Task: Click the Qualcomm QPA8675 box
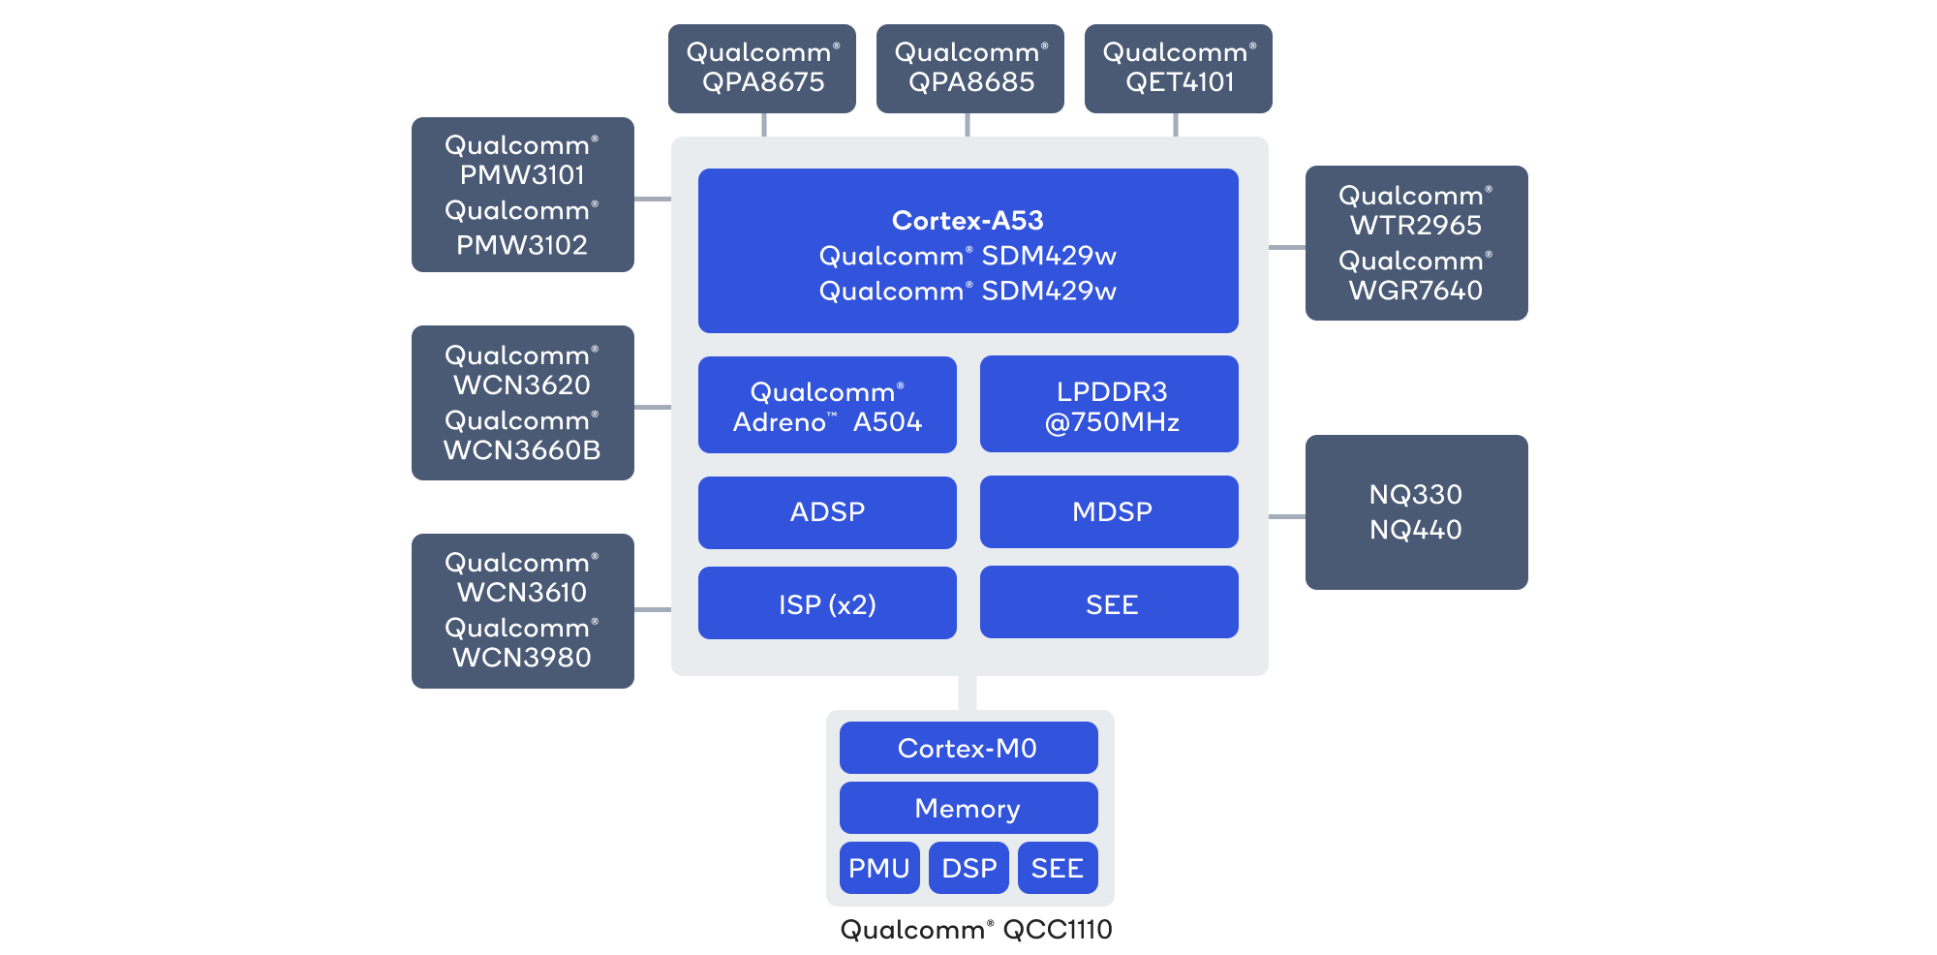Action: (762, 68)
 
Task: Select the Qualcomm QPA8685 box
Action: (969, 68)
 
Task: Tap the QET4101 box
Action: (1179, 68)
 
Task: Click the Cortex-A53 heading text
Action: (968, 221)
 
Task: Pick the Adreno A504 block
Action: (827, 405)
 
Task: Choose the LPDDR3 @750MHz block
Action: (1110, 405)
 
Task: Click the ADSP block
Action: (827, 512)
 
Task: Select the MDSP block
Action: (1110, 512)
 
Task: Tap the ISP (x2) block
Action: (827, 603)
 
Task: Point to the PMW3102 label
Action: (522, 245)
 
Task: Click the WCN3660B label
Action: (522, 450)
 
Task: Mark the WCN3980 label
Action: (522, 658)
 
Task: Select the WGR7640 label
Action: (1416, 291)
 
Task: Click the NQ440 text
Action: (1416, 530)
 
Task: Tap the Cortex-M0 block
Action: (968, 748)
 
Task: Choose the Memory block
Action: (968, 808)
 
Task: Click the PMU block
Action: (878, 868)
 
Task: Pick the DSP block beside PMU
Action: (968, 868)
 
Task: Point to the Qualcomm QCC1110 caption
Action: (976, 930)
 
